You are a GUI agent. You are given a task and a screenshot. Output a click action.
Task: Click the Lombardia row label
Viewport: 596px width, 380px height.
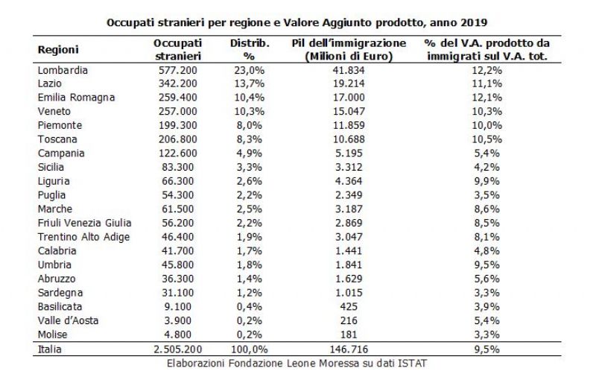63,70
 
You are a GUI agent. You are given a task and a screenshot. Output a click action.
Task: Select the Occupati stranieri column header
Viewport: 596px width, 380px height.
178,50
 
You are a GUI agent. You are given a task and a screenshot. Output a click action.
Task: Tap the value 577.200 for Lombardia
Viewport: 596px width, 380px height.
178,70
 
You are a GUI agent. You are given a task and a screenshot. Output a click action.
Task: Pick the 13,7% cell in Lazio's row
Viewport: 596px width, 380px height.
250,84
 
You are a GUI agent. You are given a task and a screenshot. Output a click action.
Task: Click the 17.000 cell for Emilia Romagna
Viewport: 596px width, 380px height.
349,98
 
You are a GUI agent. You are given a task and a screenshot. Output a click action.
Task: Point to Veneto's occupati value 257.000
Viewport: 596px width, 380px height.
178,112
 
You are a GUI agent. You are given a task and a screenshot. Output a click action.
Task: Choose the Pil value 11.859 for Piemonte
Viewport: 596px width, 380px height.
349,126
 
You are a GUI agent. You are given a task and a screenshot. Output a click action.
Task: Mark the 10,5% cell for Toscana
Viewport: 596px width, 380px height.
487,139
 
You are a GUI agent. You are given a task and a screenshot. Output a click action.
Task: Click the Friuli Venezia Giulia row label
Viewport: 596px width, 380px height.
84,223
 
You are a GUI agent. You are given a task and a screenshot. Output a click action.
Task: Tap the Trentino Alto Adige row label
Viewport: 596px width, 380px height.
83,237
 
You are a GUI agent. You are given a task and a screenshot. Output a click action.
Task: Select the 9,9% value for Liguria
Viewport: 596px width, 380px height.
487,181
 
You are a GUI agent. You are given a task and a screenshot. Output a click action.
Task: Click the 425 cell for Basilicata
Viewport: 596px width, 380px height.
349,307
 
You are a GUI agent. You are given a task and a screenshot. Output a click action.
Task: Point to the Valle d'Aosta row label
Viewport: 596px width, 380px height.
68,320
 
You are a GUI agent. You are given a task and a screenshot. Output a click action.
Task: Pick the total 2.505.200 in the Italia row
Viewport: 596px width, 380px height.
178,349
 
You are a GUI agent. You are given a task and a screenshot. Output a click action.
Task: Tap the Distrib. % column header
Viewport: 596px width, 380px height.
250,50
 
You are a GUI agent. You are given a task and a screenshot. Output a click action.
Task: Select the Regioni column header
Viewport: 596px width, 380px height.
58,50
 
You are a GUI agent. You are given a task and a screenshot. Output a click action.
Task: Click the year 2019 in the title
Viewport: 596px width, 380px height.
474,22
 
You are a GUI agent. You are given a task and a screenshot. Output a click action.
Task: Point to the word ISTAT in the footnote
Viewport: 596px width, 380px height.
412,364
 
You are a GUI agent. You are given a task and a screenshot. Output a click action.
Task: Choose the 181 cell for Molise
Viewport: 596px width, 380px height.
349,335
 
